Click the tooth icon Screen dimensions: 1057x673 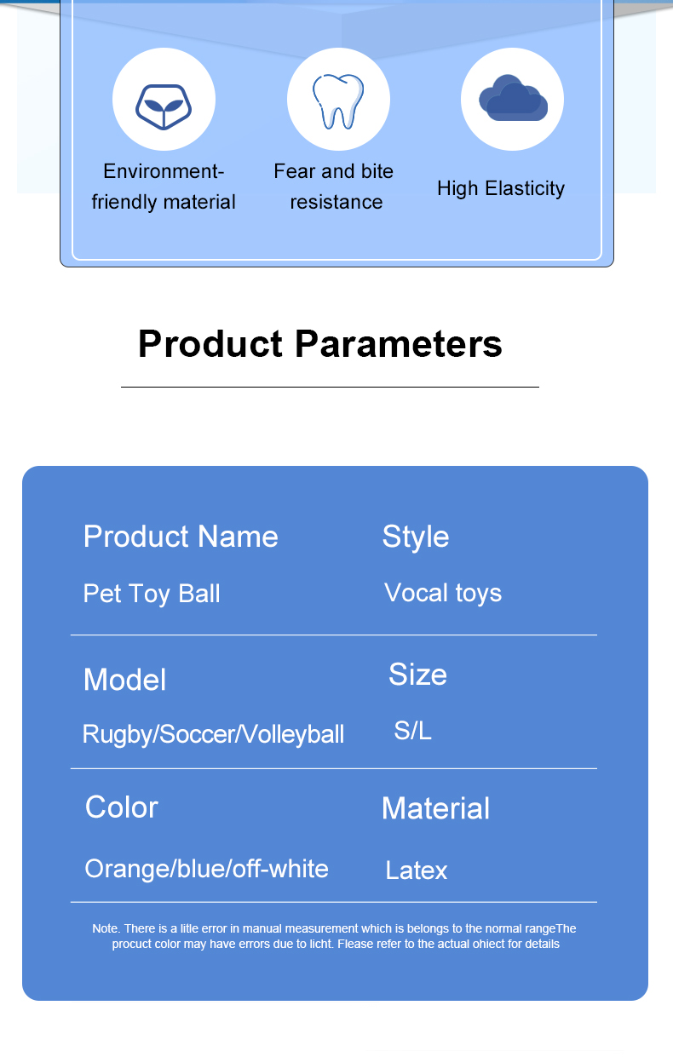[338, 101]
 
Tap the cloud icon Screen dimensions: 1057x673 [512, 99]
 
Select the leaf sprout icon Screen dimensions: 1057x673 [164, 106]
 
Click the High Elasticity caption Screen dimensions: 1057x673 [501, 188]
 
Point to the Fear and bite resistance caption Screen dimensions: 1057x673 [335, 187]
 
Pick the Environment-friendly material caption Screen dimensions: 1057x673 [164, 187]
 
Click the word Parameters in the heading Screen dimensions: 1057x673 [399, 344]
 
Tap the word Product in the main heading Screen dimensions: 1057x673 [210, 344]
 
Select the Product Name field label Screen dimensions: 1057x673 [181, 537]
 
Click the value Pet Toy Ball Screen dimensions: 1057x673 [152, 594]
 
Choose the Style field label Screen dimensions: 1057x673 [416, 537]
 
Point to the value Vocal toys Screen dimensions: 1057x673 [443, 593]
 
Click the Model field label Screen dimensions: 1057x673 [124, 680]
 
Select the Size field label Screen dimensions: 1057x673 [417, 675]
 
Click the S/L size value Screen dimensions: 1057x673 [412, 730]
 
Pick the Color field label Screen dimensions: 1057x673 [122, 807]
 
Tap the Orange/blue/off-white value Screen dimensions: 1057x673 [206, 869]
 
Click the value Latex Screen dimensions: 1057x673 [416, 870]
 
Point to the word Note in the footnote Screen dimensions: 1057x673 [106, 928]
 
